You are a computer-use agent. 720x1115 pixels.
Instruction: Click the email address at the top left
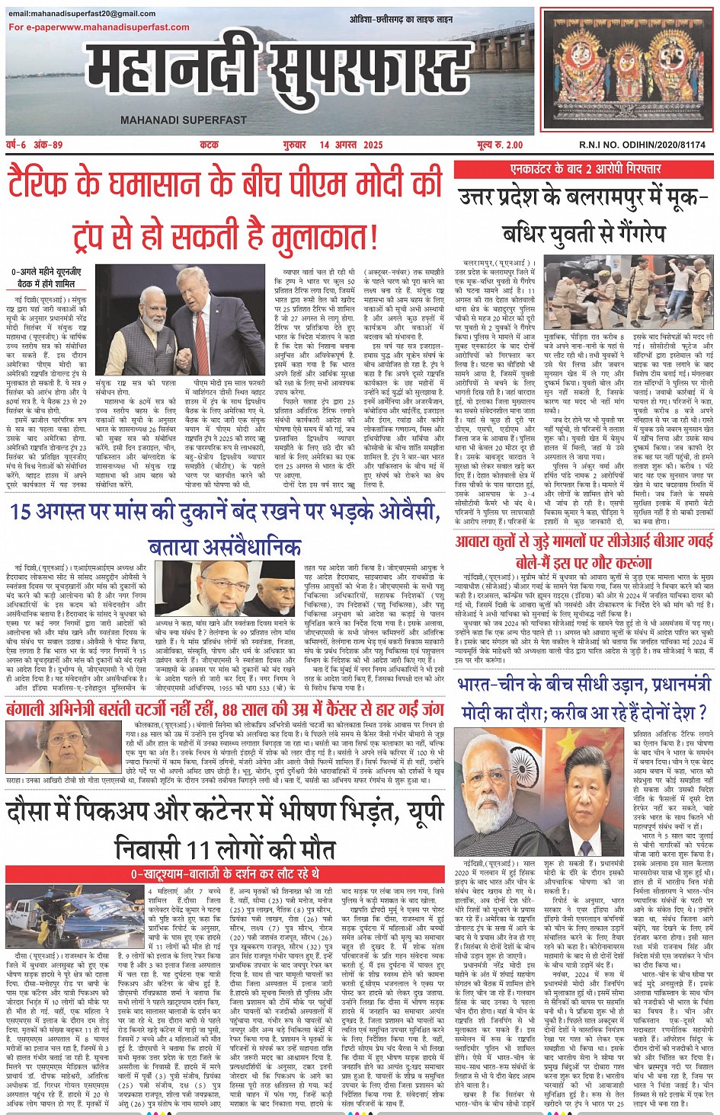pyautogui.click(x=82, y=14)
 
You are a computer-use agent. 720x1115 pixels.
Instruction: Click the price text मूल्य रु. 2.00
pyautogui.click(x=500, y=145)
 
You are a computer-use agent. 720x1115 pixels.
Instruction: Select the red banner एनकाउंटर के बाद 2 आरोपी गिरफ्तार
pyautogui.click(x=585, y=168)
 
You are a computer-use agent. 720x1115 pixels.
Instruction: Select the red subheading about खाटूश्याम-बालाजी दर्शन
pyautogui.click(x=225, y=874)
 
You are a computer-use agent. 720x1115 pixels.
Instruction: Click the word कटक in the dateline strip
pyautogui.click(x=209, y=145)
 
